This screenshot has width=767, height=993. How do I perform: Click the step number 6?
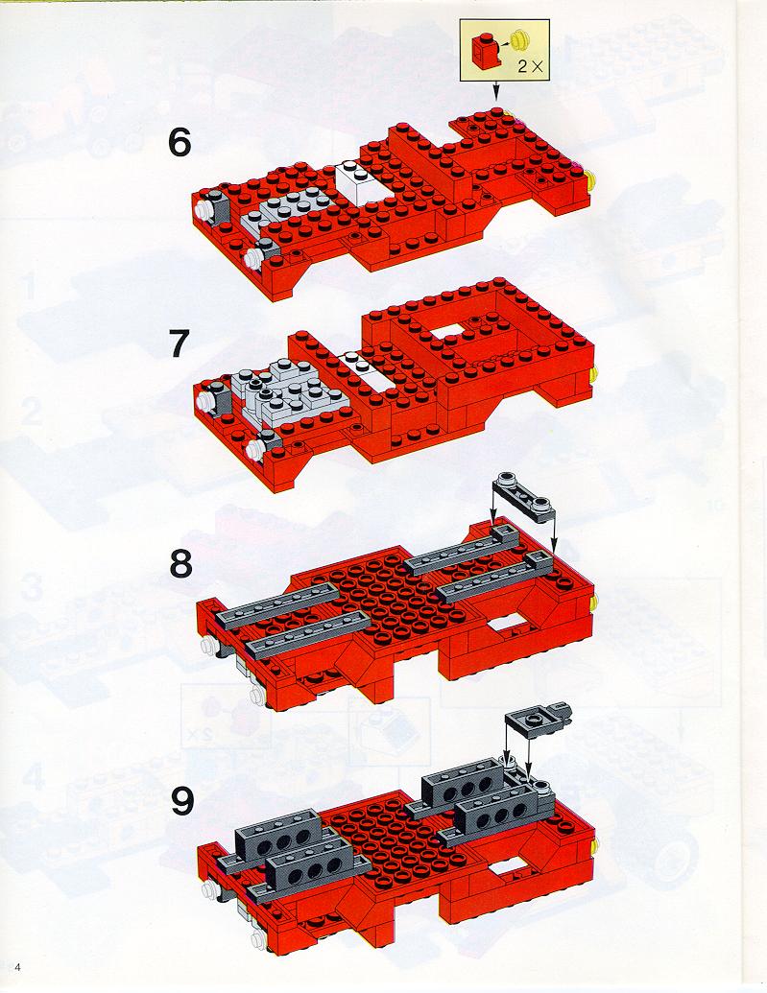[180, 143]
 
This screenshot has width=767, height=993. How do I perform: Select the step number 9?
[182, 802]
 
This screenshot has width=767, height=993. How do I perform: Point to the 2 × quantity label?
[531, 66]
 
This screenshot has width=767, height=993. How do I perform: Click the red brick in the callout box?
[485, 50]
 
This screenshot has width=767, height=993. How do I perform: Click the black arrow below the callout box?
[495, 90]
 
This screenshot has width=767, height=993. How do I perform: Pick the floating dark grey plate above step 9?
[539, 717]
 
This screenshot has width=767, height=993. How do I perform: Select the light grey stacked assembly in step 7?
[286, 391]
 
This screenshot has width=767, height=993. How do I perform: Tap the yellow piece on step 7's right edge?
[593, 375]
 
